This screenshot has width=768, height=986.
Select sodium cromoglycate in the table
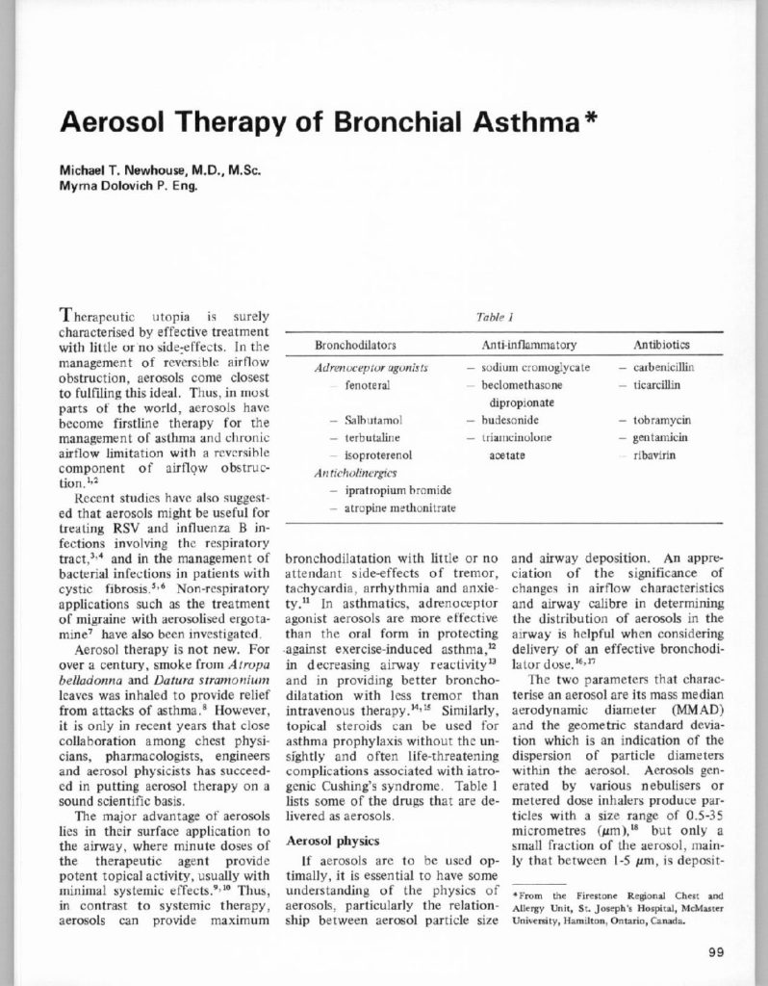(x=540, y=368)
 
